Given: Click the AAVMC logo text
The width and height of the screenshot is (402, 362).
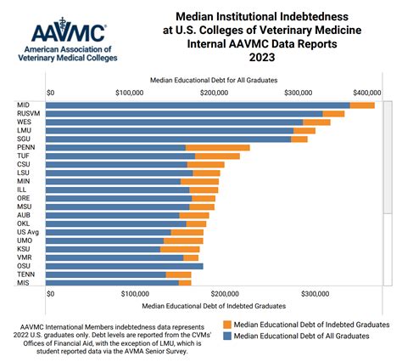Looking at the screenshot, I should click(x=68, y=33).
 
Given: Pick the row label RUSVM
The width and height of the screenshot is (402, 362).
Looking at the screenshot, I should click(x=30, y=113).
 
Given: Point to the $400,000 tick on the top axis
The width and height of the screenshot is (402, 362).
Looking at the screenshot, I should click(x=366, y=92).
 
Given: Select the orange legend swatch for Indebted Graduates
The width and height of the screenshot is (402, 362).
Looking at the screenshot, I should click(x=226, y=325).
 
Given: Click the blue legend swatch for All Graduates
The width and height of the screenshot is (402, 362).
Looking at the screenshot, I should click(x=226, y=336).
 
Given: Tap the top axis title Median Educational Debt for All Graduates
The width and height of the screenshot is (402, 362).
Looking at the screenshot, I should click(x=209, y=78).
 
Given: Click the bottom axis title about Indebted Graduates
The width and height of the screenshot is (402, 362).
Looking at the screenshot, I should click(x=214, y=304).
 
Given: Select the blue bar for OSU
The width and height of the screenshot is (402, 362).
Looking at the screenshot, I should click(x=126, y=266).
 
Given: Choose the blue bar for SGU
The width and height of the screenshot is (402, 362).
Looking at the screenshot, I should click(x=170, y=139).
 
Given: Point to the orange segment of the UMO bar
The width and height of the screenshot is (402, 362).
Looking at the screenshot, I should click(x=183, y=240).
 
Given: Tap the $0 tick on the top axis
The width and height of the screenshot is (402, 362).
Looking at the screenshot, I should click(x=51, y=92).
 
